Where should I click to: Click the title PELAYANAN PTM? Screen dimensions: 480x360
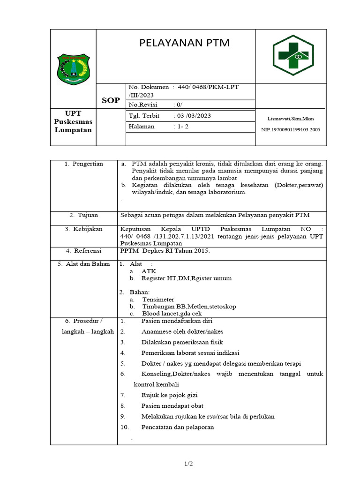click(x=185, y=43)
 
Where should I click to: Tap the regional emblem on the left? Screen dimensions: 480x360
click(x=73, y=69)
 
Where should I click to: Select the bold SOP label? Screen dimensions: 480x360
click(x=111, y=100)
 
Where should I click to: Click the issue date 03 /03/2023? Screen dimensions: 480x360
click(x=193, y=116)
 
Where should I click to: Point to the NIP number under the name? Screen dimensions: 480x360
click(x=291, y=129)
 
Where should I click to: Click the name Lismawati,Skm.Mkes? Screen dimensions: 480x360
click(x=291, y=119)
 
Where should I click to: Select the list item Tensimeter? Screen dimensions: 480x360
click(x=158, y=299)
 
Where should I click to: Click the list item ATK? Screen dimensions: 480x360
click(x=149, y=271)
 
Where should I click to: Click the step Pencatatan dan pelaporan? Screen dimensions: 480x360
click(x=178, y=427)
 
